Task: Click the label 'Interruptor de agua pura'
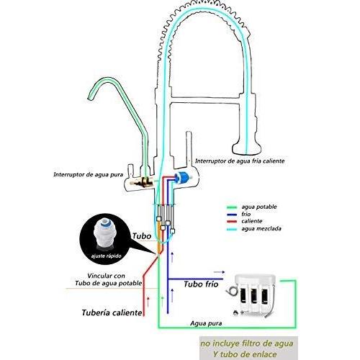click(88, 174)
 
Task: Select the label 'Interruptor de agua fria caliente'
click(240, 161)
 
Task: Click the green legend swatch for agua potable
click(232, 207)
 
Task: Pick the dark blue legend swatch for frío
click(232, 215)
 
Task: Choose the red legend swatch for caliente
click(232, 221)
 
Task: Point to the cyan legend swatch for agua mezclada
click(232, 229)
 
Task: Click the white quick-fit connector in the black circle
click(104, 234)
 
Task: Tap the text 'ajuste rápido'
click(106, 256)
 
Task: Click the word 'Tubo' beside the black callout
click(142, 236)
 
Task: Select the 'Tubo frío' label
click(201, 284)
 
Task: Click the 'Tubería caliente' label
click(112, 312)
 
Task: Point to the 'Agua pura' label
click(206, 323)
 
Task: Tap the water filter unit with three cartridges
click(254, 294)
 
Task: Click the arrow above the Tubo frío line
click(219, 272)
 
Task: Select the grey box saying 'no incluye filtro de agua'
click(248, 348)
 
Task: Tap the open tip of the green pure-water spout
click(91, 97)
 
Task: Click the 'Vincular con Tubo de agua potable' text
click(108, 279)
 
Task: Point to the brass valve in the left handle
click(142, 182)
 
